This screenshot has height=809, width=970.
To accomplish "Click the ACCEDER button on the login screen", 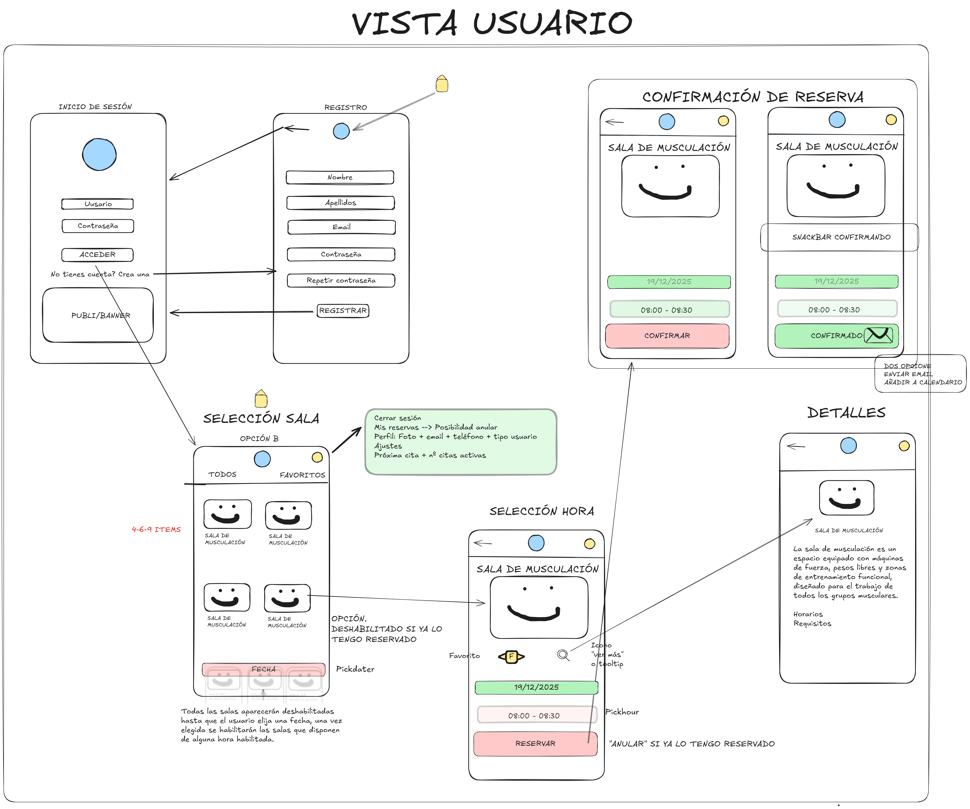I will click(97, 255).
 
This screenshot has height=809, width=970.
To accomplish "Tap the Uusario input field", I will click(97, 204).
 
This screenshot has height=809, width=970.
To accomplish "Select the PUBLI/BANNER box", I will click(98, 315).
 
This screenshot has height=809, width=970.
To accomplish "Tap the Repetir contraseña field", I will click(341, 280).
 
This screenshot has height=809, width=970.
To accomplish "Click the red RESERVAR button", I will click(535, 743).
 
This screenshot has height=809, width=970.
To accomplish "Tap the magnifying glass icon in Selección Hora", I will click(563, 655).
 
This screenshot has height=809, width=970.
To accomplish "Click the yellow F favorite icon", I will click(511, 656).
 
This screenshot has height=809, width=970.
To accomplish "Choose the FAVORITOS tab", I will click(303, 475).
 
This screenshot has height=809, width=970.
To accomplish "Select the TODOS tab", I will click(222, 475).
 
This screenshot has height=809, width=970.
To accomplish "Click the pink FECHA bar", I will click(263, 669).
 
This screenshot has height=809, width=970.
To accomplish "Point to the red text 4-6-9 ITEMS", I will click(156, 529).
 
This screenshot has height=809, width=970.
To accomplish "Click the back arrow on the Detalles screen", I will click(796, 446).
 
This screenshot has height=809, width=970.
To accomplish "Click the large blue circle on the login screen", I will click(99, 154).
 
